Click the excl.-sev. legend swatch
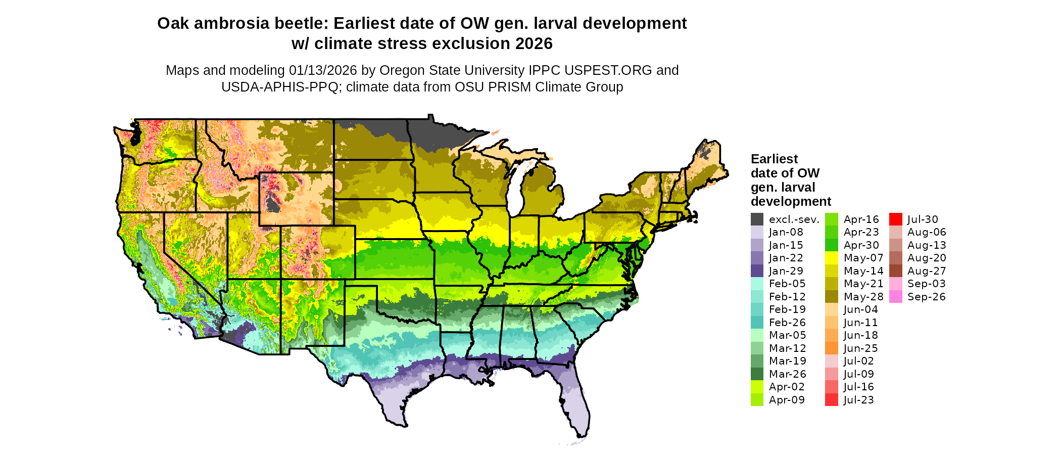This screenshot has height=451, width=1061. [757, 219]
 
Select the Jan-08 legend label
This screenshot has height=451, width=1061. [786, 233]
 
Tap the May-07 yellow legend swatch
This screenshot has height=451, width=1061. [831, 258]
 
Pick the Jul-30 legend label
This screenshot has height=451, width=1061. [923, 219]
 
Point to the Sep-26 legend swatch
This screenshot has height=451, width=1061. [895, 297]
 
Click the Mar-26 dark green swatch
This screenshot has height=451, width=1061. [757, 374]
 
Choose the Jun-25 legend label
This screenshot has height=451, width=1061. [860, 348]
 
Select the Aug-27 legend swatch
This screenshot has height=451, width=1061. [895, 271]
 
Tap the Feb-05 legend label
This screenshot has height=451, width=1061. [787, 284]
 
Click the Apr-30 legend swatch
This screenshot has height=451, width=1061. [831, 245]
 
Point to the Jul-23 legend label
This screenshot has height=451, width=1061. [858, 400]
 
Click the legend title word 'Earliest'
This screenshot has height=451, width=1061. [774, 159]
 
